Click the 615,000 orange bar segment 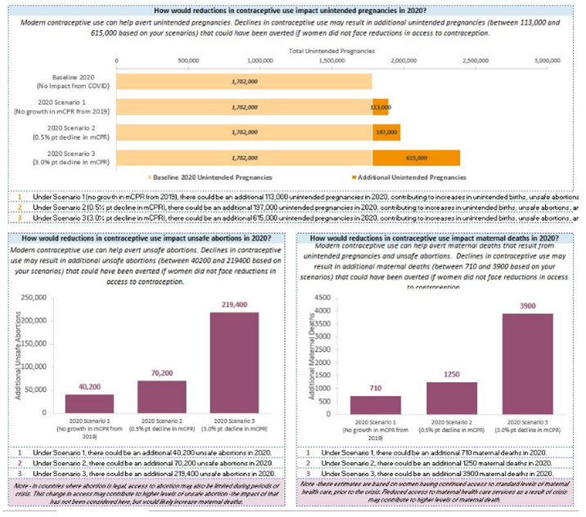[416, 156]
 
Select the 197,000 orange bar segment [385, 131]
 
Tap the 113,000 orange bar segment [380, 106]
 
